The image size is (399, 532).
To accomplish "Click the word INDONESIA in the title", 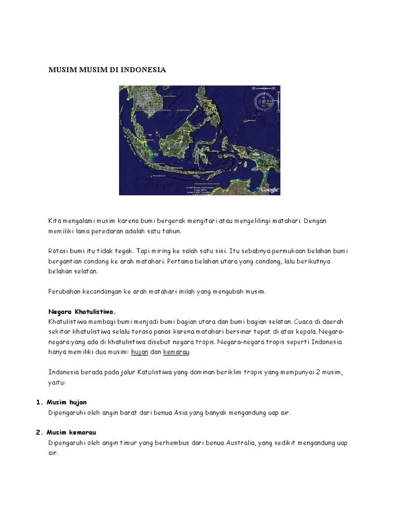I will coord(143,69).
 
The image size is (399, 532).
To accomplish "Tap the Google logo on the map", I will coord(270,190).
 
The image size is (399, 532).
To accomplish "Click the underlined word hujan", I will coord(140,352).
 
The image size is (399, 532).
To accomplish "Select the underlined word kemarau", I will coord(177,352).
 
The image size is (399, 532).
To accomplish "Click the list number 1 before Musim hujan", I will coord(38,403).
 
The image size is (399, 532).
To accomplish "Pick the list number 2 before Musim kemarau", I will coord(38,433).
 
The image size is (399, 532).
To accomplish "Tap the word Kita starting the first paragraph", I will coord(55,221).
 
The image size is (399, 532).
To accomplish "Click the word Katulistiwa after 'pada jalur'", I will coord(158,373).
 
